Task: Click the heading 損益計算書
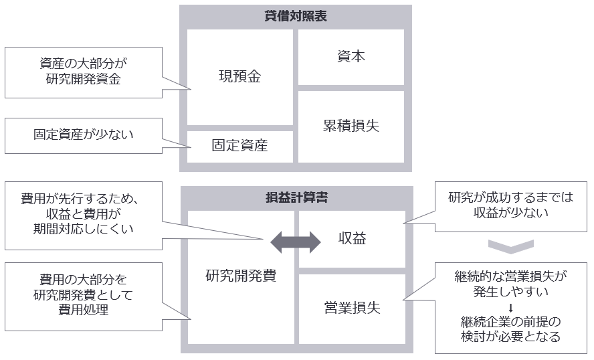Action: [296, 198]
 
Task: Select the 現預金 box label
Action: [239, 76]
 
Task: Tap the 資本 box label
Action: [351, 57]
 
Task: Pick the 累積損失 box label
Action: [351, 126]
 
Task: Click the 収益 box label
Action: [351, 239]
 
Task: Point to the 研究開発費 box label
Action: [241, 276]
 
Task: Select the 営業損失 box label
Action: [352, 308]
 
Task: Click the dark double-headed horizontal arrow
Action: [295, 242]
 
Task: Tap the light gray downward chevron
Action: [510, 246]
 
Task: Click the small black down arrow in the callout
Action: [510, 307]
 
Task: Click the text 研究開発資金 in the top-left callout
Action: [84, 80]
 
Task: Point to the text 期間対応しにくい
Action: [84, 229]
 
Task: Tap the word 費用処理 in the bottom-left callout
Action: [84, 311]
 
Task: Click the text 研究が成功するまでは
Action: [510, 198]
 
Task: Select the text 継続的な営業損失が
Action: [510, 276]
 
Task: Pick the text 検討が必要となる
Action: [510, 337]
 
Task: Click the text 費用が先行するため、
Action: [84, 198]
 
